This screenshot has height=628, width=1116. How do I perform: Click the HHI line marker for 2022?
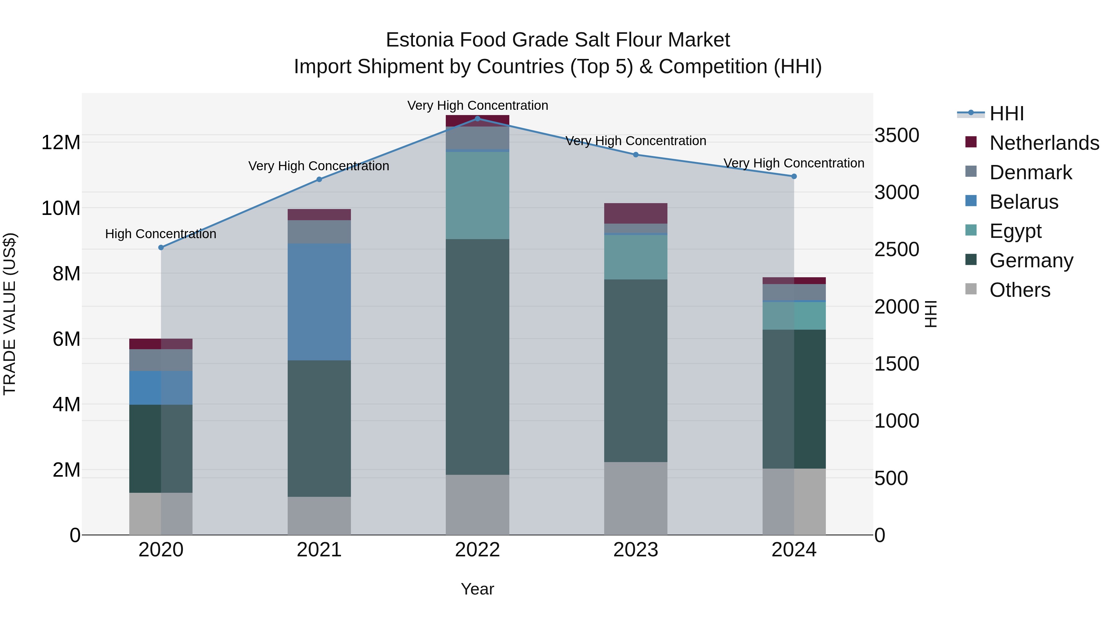pyautogui.click(x=477, y=118)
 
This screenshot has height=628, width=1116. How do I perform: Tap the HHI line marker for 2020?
pyautogui.click(x=161, y=247)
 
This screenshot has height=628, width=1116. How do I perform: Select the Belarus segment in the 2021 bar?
pyautogui.click(x=319, y=302)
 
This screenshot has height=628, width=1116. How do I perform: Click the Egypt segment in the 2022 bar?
pyautogui.click(x=477, y=195)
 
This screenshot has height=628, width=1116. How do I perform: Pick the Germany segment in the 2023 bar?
pyautogui.click(x=635, y=371)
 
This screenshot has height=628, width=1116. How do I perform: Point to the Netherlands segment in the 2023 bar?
pyautogui.click(x=635, y=213)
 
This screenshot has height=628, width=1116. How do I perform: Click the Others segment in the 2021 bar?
pyautogui.click(x=319, y=516)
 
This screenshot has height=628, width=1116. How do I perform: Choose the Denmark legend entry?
pyautogui.click(x=1030, y=172)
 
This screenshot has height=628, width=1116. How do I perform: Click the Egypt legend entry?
pyautogui.click(x=1015, y=231)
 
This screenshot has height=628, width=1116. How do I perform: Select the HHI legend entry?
pyautogui.click(x=1006, y=114)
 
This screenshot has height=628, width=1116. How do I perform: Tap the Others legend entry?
pyautogui.click(x=1019, y=290)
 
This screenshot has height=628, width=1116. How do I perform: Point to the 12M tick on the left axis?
pyautogui.click(x=61, y=143)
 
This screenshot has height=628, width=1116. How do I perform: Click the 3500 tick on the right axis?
pyautogui.click(x=896, y=135)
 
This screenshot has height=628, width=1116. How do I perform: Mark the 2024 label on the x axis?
pyautogui.click(x=794, y=550)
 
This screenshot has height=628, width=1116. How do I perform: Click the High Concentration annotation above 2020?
pyautogui.click(x=161, y=234)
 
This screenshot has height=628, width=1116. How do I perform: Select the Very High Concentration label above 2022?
pyautogui.click(x=477, y=105)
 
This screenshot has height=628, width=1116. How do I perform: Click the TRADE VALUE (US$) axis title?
pyautogui.click(x=10, y=314)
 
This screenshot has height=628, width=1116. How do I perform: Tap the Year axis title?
pyautogui.click(x=477, y=589)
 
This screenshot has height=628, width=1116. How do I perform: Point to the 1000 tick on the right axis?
pyautogui.click(x=896, y=421)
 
